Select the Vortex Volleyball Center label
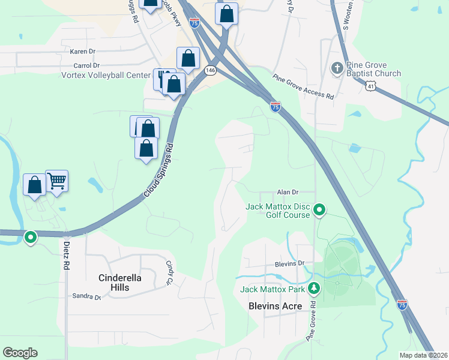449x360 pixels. coord(106,75)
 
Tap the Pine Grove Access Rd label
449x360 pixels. coord(303,86)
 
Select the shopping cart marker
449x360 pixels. coord(56,180)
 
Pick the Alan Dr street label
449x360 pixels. coord(288,192)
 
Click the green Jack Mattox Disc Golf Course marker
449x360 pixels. coord(320,210)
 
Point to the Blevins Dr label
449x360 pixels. coord(290,263)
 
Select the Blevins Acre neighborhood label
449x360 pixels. coord(274,305)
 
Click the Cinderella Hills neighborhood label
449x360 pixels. coord(123,282)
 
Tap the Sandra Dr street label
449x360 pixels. coord(85,296)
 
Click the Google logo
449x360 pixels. coord(20,353)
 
